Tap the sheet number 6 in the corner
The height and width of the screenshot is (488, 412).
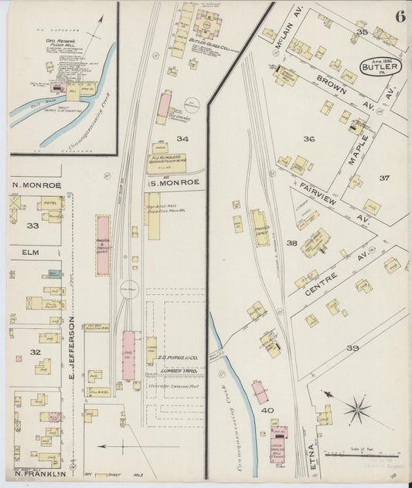[x=399, y=16]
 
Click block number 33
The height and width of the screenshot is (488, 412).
[x=32, y=225]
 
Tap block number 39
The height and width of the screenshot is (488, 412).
[x=352, y=348]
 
